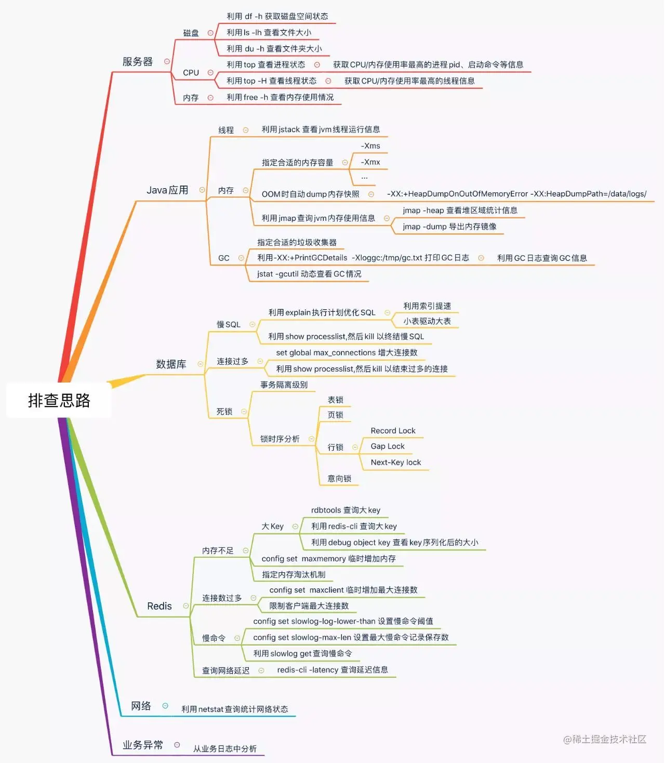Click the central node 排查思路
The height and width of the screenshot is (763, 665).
coord(59,400)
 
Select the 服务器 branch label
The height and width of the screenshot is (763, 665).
coord(138,61)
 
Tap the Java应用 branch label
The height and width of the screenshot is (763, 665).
coord(167,190)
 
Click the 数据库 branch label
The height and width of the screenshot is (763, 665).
coord(171,364)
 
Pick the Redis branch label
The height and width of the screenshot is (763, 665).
coord(159,606)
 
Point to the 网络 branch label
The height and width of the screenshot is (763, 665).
coord(141,706)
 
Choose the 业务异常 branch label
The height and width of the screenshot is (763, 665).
coord(143,745)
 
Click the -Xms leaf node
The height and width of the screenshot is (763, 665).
coord(370,146)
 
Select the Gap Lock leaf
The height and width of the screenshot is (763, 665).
coord(388,446)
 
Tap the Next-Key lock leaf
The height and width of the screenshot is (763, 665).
coord(396,463)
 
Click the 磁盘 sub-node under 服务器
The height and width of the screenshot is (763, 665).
coord(191,33)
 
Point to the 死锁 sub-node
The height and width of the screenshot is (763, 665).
coord(224,412)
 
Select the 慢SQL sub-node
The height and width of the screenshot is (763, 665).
coord(229,324)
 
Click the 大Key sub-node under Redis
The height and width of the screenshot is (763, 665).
coord(273,527)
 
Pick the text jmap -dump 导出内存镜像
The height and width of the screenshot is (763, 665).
coord(449,227)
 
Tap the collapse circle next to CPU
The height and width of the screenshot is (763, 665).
coord(210,73)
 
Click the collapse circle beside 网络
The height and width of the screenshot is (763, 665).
coord(165,706)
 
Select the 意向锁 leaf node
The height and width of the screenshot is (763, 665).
coord(339,479)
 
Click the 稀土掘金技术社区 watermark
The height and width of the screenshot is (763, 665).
coord(605,739)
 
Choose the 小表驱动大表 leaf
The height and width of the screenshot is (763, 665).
coord(427,321)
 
